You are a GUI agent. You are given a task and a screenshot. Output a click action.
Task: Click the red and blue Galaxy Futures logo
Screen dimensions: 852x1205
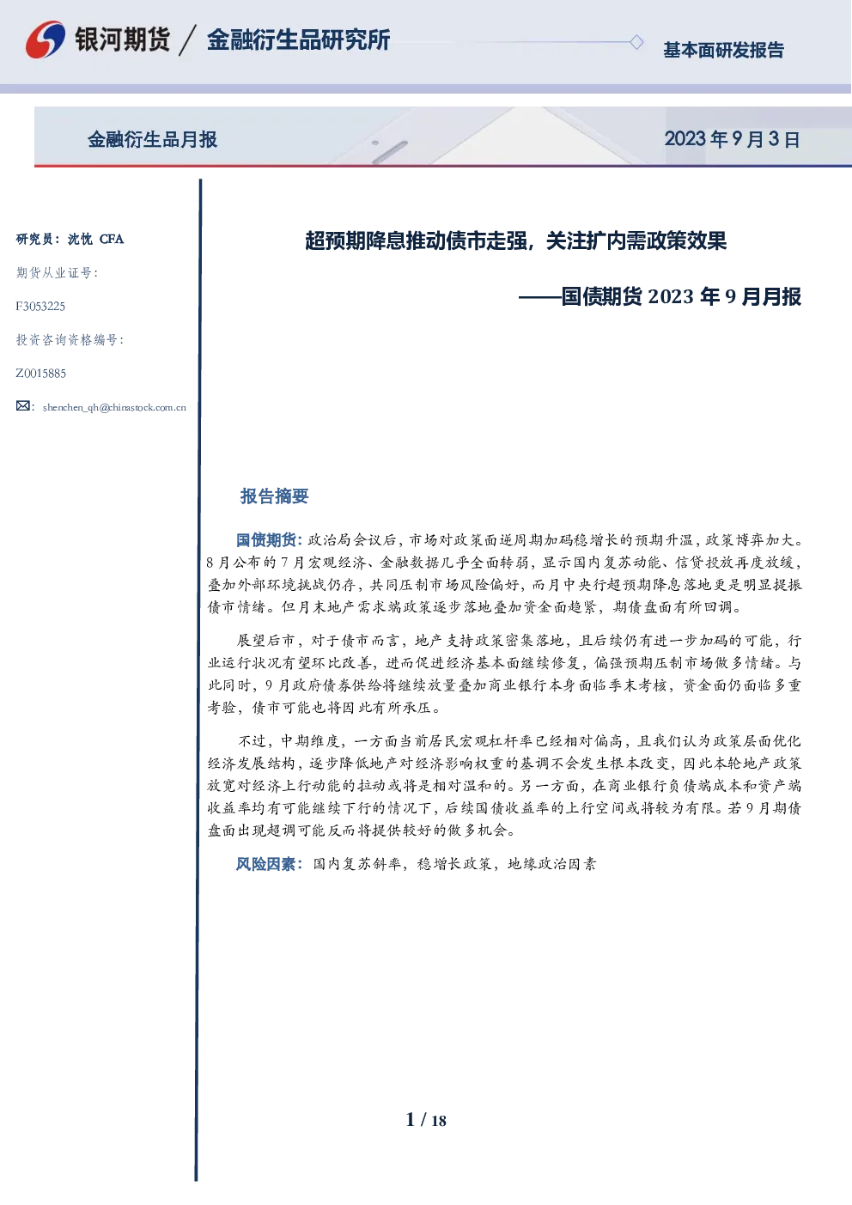pyautogui.click(x=46, y=40)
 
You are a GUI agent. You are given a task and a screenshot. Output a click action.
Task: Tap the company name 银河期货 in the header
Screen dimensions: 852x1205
pyautogui.click(x=123, y=40)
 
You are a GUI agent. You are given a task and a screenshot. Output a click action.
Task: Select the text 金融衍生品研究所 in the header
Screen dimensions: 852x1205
pyautogui.click(x=299, y=40)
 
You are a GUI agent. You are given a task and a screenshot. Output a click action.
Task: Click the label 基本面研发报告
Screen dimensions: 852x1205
pyautogui.click(x=723, y=50)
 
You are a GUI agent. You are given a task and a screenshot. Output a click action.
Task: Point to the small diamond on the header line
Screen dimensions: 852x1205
pyautogui.click(x=636, y=42)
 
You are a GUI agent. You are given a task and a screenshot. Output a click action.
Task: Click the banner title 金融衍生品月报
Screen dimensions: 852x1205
pyautogui.click(x=153, y=139)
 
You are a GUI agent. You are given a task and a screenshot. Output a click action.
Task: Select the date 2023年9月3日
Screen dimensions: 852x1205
pyautogui.click(x=732, y=139)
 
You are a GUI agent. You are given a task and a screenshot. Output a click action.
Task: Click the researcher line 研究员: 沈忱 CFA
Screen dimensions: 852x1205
pyautogui.click(x=70, y=239)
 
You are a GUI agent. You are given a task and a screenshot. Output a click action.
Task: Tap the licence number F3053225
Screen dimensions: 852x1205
pyautogui.click(x=40, y=306)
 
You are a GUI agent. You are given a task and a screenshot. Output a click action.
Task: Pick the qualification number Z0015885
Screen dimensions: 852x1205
pyautogui.click(x=41, y=374)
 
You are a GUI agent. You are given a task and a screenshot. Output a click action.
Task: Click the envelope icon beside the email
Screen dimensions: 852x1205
pyautogui.click(x=23, y=406)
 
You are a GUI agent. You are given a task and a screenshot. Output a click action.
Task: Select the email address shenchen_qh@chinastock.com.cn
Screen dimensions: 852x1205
pyautogui.click(x=114, y=407)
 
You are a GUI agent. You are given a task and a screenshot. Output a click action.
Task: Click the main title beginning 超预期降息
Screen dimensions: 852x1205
pyautogui.click(x=516, y=240)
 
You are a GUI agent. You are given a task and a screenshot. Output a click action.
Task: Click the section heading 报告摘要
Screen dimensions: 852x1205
pyautogui.click(x=274, y=496)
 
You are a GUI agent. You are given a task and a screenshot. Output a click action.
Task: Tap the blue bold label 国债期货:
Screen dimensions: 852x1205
pyautogui.click(x=270, y=539)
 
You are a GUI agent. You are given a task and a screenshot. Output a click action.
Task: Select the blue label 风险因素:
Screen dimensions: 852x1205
pyautogui.click(x=270, y=864)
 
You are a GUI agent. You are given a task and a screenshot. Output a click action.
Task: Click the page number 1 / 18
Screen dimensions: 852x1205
pyautogui.click(x=426, y=1120)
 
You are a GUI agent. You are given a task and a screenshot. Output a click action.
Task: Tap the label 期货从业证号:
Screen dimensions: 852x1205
pyautogui.click(x=57, y=273)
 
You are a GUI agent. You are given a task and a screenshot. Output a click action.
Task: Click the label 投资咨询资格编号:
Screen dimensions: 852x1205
pyautogui.click(x=70, y=339)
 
